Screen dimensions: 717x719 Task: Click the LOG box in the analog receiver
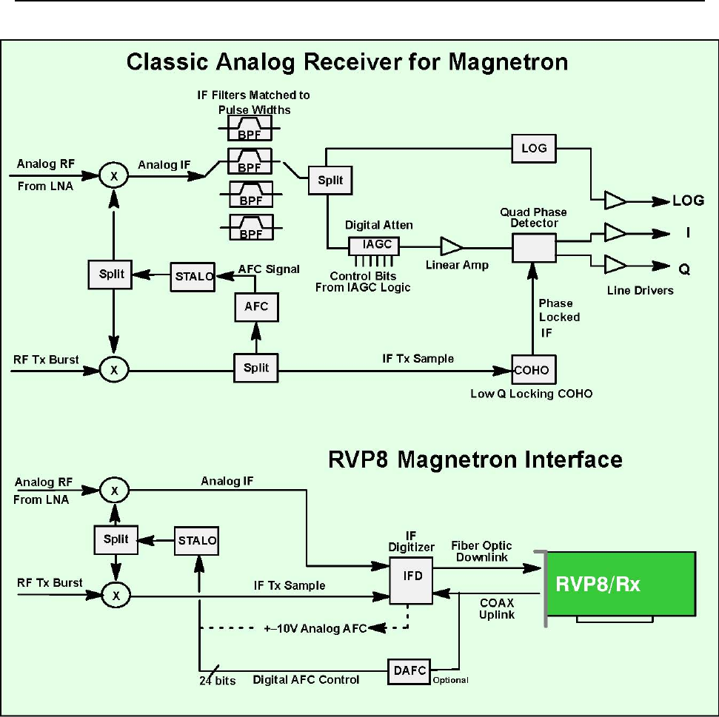[534, 148]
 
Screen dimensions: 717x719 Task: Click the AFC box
[256, 306]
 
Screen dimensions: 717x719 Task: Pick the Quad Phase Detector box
[534, 246]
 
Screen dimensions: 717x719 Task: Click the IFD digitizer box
[412, 574]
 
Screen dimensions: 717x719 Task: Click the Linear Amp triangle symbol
[450, 247]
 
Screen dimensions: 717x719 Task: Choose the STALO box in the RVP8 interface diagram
[198, 540]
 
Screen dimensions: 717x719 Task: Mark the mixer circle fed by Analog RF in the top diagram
[113, 175]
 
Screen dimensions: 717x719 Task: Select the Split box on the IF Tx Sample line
[256, 368]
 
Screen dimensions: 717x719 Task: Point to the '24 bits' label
[218, 680]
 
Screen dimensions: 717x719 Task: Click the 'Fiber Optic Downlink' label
[481, 551]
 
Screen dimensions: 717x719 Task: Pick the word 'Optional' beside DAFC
[452, 679]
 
